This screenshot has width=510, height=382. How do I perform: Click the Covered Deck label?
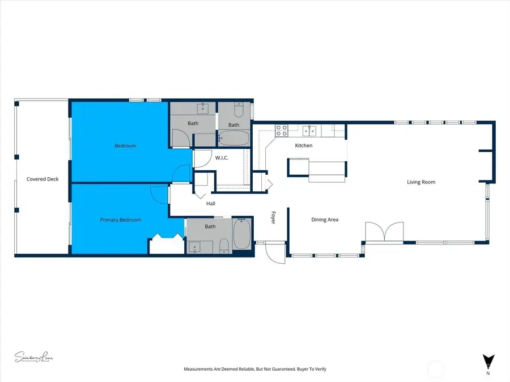(x=42, y=179)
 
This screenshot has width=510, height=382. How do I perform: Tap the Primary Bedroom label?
(x=121, y=220)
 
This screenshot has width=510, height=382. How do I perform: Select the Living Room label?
(x=421, y=182)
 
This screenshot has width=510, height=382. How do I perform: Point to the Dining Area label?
(x=325, y=220)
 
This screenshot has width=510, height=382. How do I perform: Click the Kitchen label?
(x=304, y=146)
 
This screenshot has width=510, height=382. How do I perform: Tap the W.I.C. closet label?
(x=222, y=158)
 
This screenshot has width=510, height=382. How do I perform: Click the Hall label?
(x=210, y=204)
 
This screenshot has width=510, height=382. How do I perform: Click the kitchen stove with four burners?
(x=282, y=130)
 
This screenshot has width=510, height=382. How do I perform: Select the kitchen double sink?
(x=309, y=131)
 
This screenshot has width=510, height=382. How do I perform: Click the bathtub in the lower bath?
(x=241, y=234)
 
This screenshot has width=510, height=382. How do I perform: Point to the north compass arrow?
(x=487, y=361)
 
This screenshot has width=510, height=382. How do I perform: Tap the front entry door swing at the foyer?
(x=275, y=253)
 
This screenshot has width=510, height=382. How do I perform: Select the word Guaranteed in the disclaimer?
(x=275, y=369)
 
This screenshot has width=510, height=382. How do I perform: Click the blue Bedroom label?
(x=125, y=146)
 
